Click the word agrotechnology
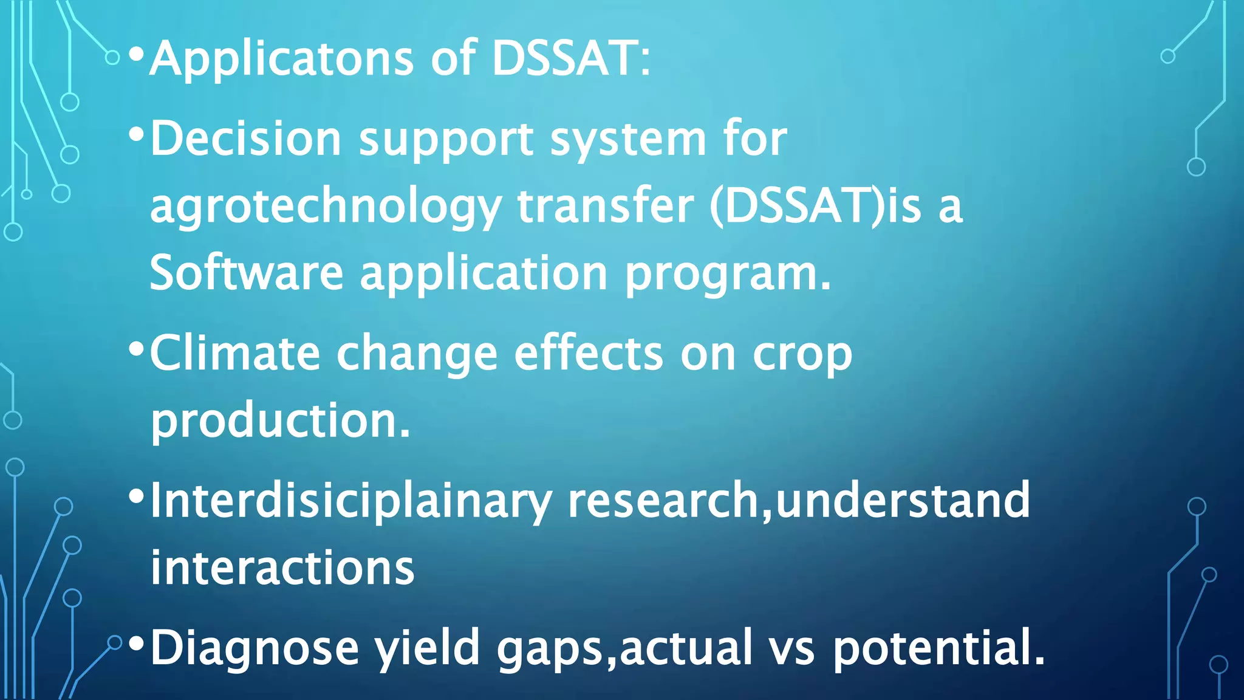click(325, 207)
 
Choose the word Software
click(247, 273)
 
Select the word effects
click(589, 354)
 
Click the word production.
click(280, 421)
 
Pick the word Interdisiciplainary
click(350, 501)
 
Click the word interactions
click(282, 568)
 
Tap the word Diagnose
click(255, 648)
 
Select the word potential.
click(938, 648)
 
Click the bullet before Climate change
click(136, 349)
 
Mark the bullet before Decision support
click(136, 134)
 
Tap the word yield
click(427, 648)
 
